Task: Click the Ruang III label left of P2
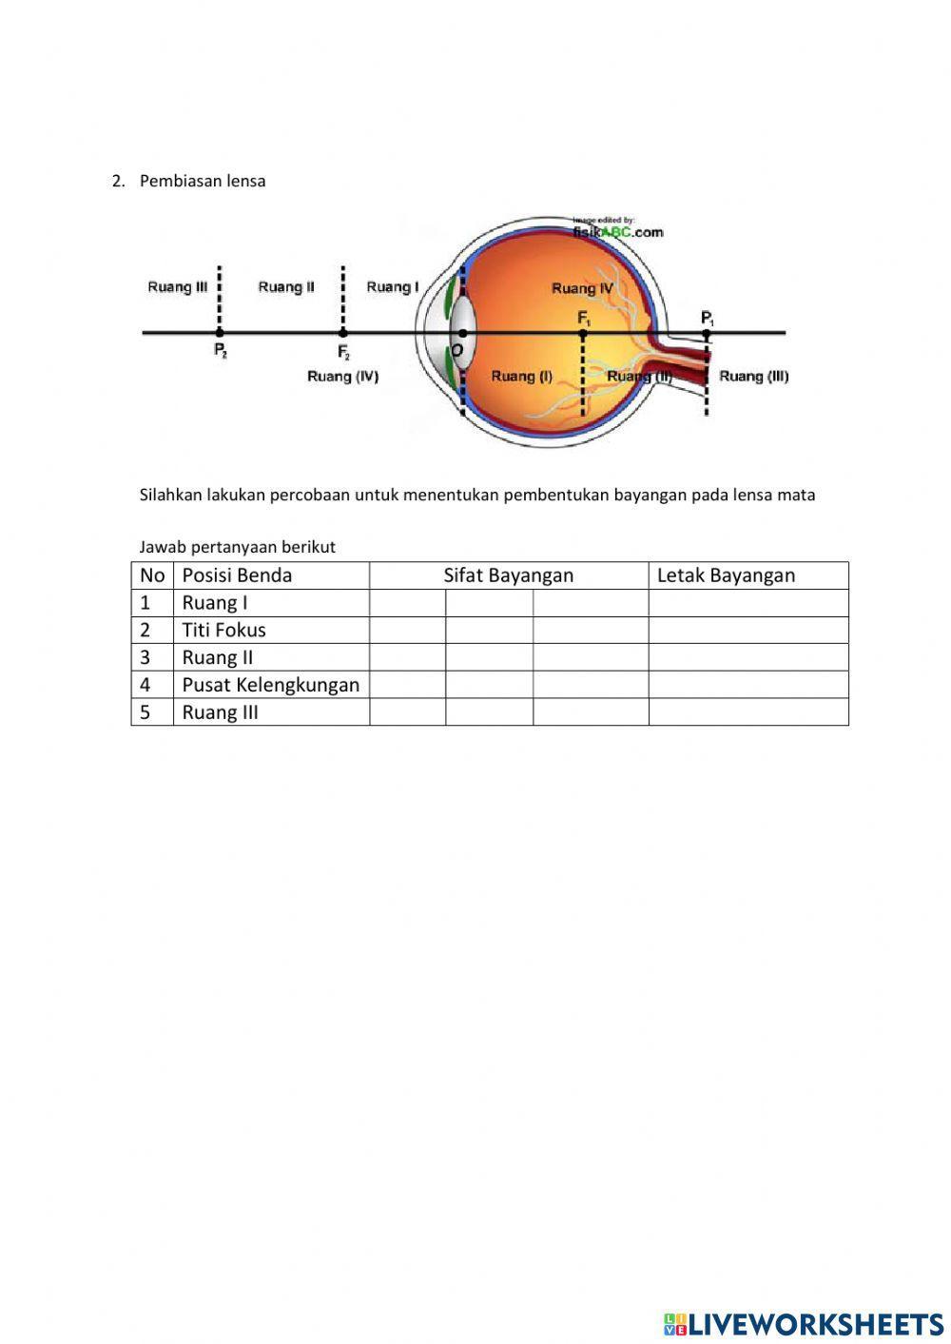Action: (177, 287)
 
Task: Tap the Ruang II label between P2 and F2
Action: (286, 287)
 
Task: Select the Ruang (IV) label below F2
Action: (342, 377)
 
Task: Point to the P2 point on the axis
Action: (220, 333)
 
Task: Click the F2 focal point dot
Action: (342, 333)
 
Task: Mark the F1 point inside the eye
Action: (583, 333)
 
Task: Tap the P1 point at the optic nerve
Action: (707, 333)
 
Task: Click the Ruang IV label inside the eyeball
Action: (582, 288)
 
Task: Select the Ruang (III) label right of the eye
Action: (753, 377)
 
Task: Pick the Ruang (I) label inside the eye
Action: (521, 377)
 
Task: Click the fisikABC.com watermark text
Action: (617, 231)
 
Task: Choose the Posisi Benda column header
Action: (237, 575)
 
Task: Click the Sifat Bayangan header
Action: (508, 575)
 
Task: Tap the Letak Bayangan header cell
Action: (726, 575)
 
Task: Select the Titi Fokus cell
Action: (224, 630)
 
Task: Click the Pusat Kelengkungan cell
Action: (270, 685)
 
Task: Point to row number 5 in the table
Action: (146, 712)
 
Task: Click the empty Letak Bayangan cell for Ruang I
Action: (748, 603)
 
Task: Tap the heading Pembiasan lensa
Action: (203, 181)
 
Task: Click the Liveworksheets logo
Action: (804, 1324)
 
